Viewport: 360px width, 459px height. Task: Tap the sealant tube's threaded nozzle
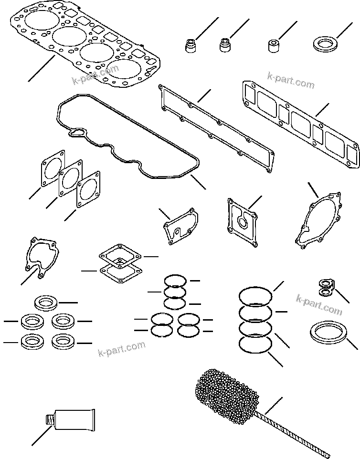(48, 420)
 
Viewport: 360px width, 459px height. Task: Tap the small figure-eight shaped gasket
(325, 286)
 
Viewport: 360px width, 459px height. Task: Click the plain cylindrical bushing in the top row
(274, 46)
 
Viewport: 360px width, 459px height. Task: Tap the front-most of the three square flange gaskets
(89, 191)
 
